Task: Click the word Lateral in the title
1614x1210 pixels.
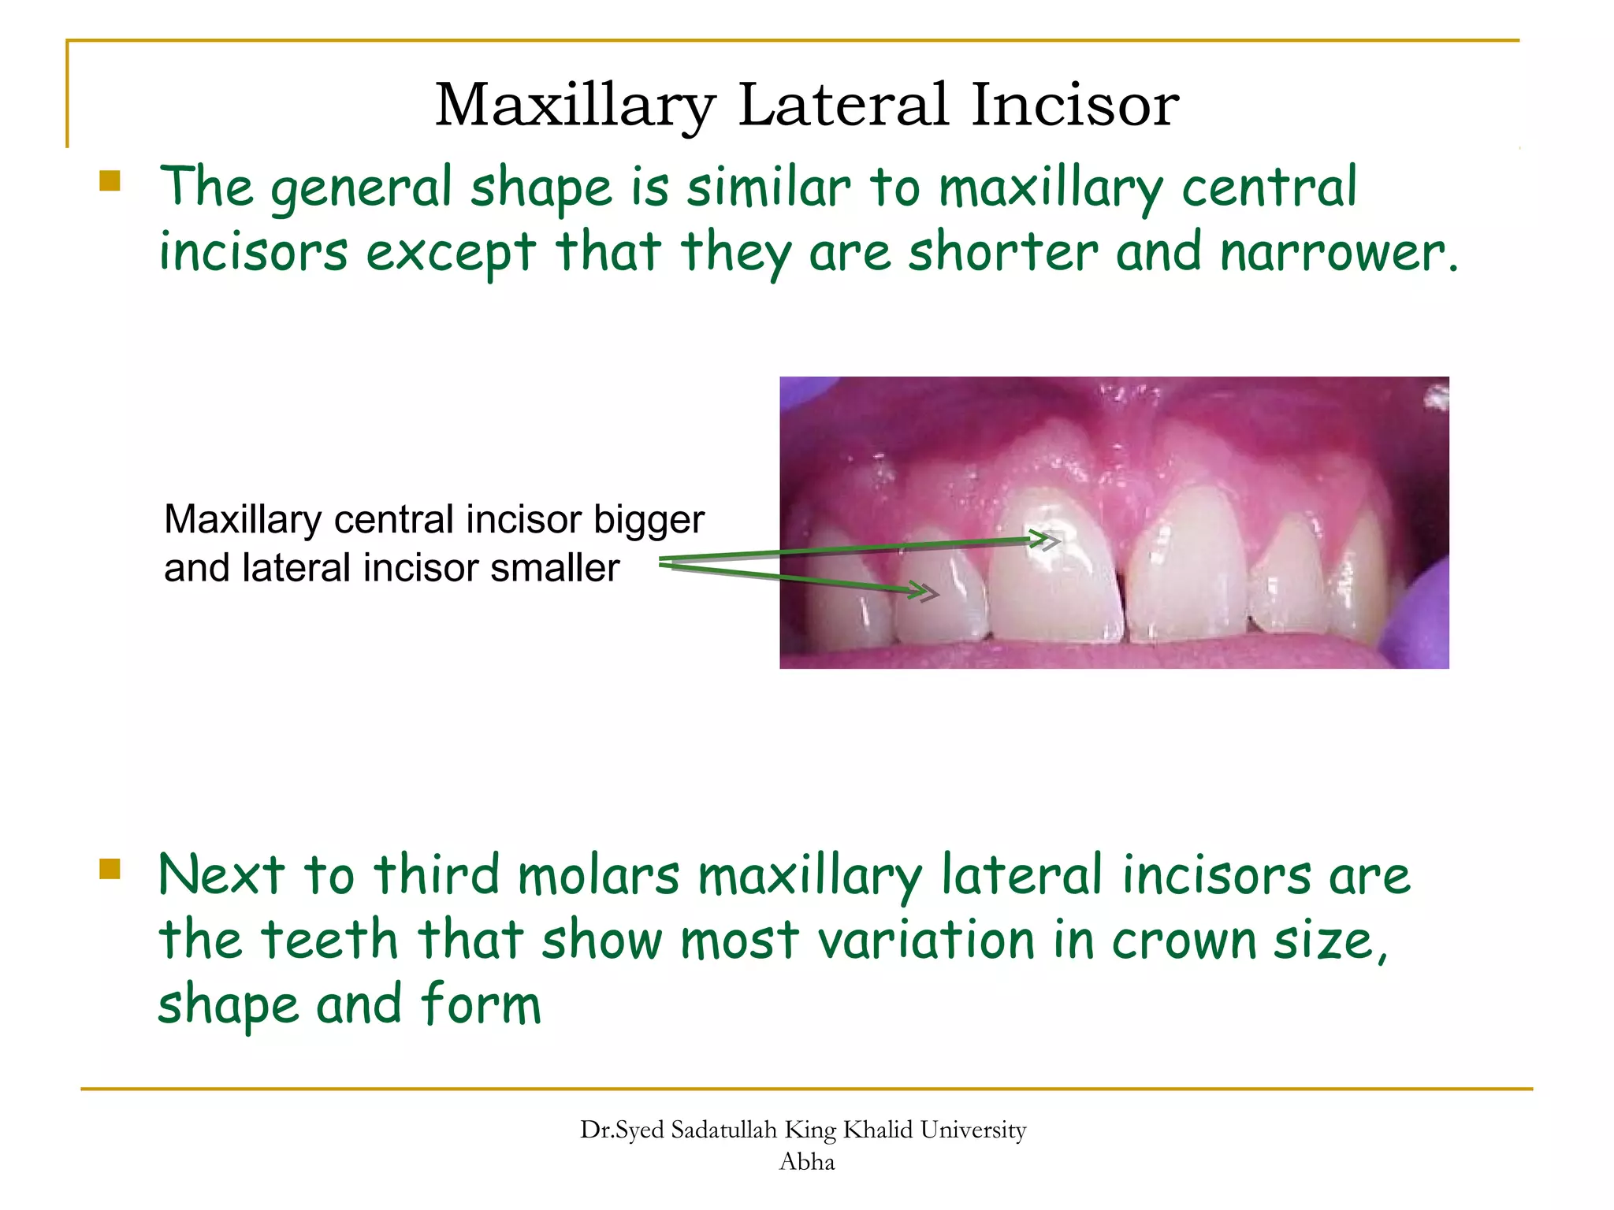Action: tap(843, 105)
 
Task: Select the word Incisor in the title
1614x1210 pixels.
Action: tap(1075, 105)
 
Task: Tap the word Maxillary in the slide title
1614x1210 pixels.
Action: tap(575, 106)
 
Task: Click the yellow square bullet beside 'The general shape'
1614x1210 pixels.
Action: tap(110, 182)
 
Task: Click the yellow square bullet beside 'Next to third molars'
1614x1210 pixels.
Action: tap(110, 869)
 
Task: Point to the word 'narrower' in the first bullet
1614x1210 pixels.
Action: tap(1332, 254)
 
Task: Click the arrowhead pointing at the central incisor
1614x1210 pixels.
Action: tap(1048, 540)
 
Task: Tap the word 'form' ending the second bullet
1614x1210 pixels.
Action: tap(481, 1004)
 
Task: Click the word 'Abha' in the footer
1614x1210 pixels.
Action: tap(806, 1162)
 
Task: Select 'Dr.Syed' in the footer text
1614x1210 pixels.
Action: tap(622, 1130)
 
